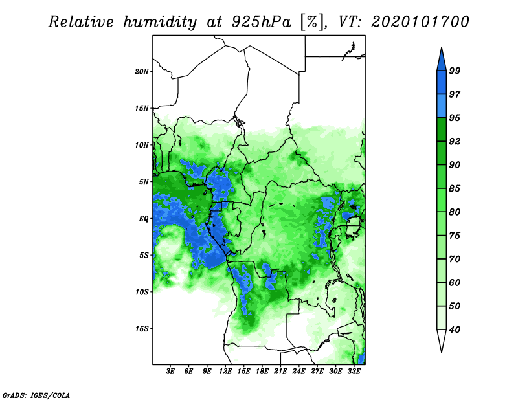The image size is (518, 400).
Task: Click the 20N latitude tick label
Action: click(142, 71)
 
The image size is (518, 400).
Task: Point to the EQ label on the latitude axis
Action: click(144, 218)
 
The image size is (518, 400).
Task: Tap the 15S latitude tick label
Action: click(142, 328)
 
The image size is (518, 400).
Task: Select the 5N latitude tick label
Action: click(144, 181)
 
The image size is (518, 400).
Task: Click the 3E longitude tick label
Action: click(170, 371)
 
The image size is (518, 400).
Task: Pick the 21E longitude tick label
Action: click(280, 371)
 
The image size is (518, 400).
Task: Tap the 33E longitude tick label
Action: click(354, 371)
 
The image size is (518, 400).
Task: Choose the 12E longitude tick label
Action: click(225, 371)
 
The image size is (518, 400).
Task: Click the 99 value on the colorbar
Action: click(455, 71)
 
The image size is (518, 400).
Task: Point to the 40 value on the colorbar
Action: click(455, 329)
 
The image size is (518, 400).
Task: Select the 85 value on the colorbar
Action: click(455, 188)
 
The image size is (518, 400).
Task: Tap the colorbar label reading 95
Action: click(455, 118)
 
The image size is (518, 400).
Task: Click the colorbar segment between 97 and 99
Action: click(442, 83)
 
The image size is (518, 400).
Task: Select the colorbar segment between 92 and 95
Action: click(442, 129)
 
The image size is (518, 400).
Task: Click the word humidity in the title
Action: click(160, 22)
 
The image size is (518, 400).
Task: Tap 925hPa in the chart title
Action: click(262, 22)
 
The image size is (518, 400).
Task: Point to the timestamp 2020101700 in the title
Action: click(420, 22)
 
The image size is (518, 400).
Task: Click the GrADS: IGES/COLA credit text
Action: click(36, 395)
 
